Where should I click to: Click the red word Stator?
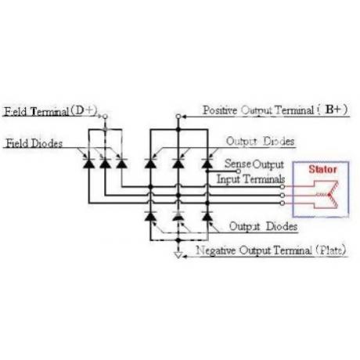322,169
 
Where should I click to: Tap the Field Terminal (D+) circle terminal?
105,117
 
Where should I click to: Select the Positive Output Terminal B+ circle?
178,117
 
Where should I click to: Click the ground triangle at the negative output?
178,255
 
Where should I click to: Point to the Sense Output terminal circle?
238,171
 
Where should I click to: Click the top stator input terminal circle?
282,187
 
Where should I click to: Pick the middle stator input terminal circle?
282,195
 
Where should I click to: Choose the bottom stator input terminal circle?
282,203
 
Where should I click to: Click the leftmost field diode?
88,164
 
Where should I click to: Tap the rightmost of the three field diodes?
121,164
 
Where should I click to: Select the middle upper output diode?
178,164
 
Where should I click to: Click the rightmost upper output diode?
207,164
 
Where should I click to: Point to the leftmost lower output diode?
150,216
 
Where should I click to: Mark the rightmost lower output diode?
207,216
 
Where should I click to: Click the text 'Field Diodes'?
34,143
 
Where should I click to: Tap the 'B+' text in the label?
333,110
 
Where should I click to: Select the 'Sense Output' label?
254,164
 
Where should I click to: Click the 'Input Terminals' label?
250,179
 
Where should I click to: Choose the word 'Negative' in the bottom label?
216,250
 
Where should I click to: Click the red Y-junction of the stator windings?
329,195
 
